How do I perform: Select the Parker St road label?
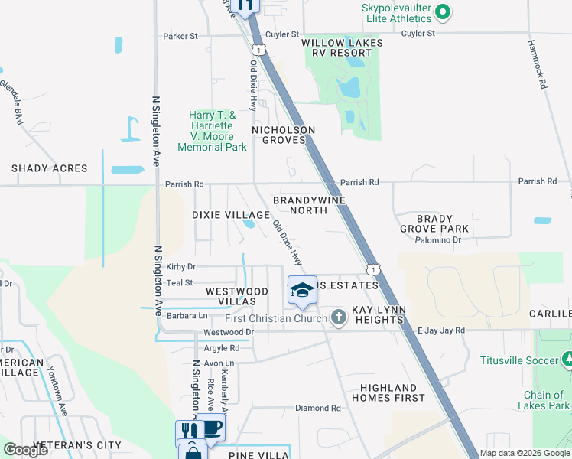click(x=180, y=36)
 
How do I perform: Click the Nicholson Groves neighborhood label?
click(x=288, y=135)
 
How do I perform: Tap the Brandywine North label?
click(x=310, y=205)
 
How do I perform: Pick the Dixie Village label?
click(x=230, y=215)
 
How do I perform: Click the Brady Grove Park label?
click(x=434, y=223)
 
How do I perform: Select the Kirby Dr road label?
click(x=180, y=267)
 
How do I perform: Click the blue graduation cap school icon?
click(x=302, y=289)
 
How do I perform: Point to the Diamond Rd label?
click(x=317, y=409)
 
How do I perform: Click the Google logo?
click(x=26, y=450)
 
